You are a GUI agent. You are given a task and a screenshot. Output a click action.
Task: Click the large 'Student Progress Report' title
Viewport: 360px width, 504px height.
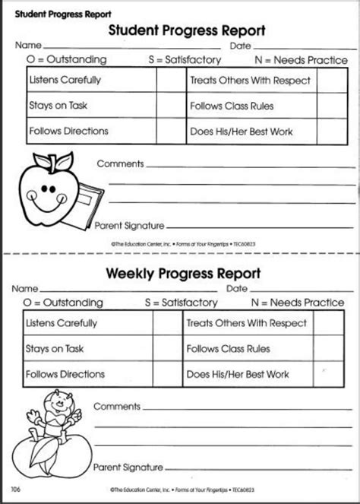point(186,30)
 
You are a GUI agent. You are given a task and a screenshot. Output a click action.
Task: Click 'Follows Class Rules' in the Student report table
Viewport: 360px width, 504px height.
point(232,106)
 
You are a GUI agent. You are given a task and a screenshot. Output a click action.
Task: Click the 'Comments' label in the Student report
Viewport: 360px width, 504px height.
point(120,163)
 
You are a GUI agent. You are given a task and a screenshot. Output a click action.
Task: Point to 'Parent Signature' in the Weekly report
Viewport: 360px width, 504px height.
point(128,466)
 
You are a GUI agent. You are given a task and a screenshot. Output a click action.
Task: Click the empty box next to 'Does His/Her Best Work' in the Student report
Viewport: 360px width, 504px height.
point(327,131)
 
